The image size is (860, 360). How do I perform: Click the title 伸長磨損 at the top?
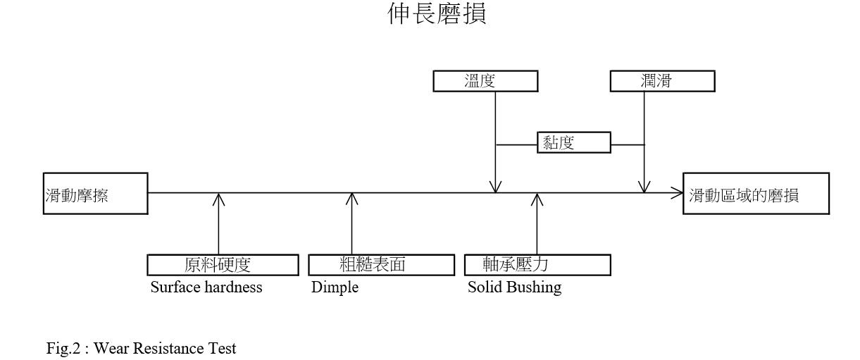click(x=437, y=13)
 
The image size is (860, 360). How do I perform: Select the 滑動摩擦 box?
click(x=95, y=193)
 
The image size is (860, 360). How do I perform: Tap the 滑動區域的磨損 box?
click(x=756, y=194)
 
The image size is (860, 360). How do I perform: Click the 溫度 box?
click(x=485, y=82)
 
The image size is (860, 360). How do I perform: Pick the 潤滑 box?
click(x=662, y=82)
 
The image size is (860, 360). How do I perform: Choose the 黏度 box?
click(x=574, y=143)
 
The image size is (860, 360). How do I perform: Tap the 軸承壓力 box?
click(x=537, y=265)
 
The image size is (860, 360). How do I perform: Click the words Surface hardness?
click(x=206, y=287)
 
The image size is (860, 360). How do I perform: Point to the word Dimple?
click(x=335, y=287)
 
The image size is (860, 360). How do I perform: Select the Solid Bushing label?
click(x=514, y=287)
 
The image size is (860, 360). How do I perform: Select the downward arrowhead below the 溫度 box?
click(x=496, y=187)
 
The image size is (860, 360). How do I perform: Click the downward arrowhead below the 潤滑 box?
click(x=644, y=187)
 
